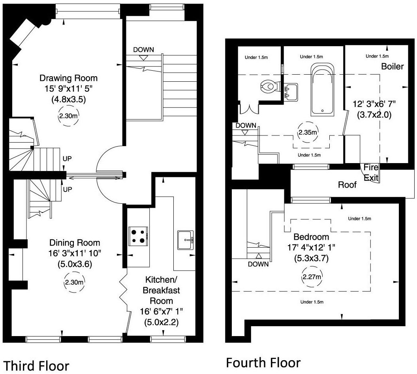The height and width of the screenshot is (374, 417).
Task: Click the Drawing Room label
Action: (68, 78)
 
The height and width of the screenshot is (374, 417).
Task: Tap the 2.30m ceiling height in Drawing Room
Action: (68, 116)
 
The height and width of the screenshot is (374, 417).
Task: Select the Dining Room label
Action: (75, 243)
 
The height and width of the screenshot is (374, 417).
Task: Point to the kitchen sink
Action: (186, 240)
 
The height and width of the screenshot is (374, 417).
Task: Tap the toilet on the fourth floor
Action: (269, 86)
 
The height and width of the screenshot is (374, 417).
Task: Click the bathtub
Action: (322, 90)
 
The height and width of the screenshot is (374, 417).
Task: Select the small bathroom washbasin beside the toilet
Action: (291, 92)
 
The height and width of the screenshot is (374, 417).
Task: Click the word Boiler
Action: (393, 66)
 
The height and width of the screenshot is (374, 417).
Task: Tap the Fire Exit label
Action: (371, 173)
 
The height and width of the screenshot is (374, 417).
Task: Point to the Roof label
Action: (347, 184)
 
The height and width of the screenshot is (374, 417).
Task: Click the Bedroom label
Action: (311, 237)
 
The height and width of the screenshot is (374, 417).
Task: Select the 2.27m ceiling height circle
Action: (312, 277)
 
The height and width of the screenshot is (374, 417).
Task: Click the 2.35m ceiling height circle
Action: (308, 132)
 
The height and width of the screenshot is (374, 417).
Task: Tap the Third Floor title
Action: (36, 366)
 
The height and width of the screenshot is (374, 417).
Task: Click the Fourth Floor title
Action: (263, 363)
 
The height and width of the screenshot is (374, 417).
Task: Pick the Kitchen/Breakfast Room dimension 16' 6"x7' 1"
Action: (162, 312)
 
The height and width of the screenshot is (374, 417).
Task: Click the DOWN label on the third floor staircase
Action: (144, 50)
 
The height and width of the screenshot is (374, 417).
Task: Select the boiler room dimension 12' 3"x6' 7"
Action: (374, 104)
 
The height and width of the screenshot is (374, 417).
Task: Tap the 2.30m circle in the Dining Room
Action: (74, 282)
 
